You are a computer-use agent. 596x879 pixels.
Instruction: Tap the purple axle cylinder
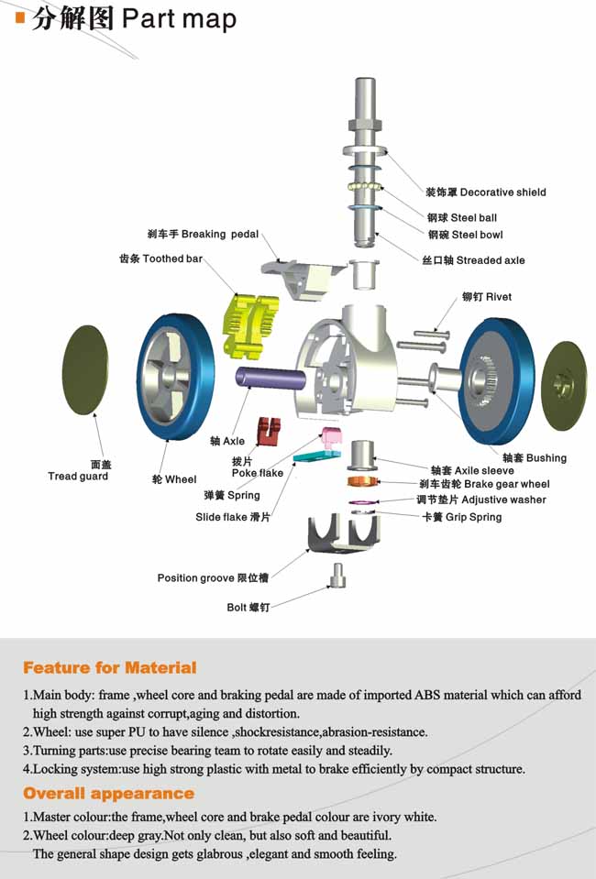click(270, 379)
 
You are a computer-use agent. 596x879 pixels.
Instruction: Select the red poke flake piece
click(269, 427)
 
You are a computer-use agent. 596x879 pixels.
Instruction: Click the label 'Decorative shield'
click(485, 192)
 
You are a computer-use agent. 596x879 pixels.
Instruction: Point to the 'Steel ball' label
click(462, 218)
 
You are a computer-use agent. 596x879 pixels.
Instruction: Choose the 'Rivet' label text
click(487, 297)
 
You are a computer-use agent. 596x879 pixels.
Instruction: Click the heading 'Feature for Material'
click(110, 667)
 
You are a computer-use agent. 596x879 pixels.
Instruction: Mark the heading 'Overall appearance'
click(108, 794)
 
